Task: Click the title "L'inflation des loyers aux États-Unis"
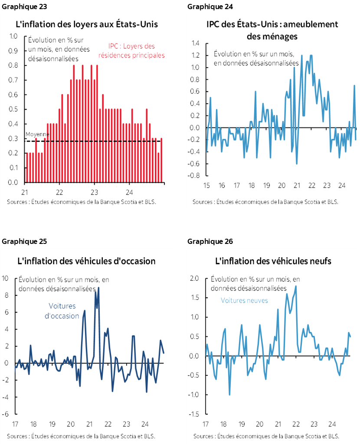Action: (87, 24)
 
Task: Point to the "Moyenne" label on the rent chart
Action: (38, 135)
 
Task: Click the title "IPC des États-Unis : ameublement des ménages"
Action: (272, 30)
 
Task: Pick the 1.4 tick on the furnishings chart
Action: (194, 43)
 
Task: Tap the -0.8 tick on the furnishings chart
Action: (193, 176)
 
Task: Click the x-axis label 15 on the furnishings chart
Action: (206, 185)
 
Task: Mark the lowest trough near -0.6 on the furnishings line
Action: (297, 164)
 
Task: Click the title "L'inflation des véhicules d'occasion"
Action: (86, 261)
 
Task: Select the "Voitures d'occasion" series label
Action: (62, 310)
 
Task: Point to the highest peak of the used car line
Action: (98, 287)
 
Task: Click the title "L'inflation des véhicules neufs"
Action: (273, 261)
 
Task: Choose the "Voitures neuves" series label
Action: (244, 300)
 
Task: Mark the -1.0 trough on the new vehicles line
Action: (229, 394)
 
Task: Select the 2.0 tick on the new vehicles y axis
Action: (194, 278)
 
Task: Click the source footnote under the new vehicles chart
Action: (266, 436)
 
